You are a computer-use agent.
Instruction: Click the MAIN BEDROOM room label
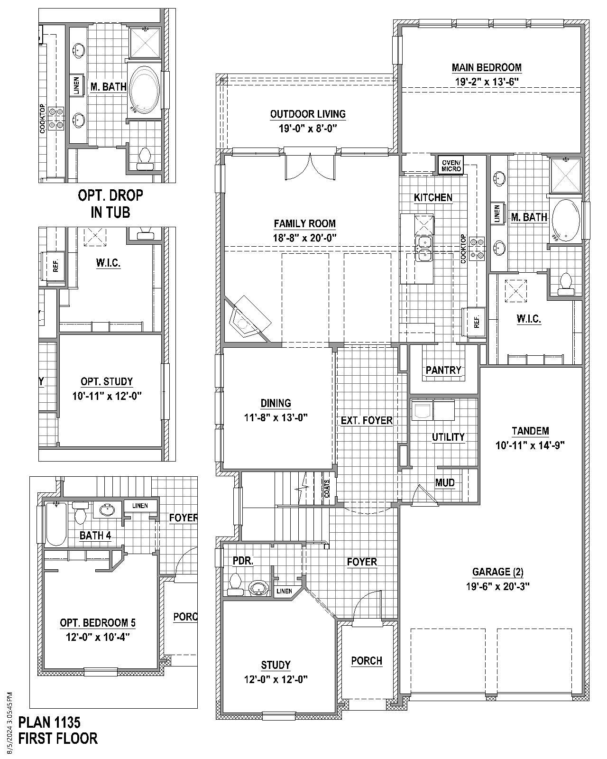point(487,67)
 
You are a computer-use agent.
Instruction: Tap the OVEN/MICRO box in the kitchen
point(451,166)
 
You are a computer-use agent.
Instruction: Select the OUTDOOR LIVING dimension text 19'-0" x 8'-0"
point(308,128)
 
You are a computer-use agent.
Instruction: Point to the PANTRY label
point(443,370)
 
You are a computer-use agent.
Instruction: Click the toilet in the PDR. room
point(235,584)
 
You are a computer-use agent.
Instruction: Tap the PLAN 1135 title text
point(49,722)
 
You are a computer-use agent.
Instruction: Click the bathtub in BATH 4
point(55,524)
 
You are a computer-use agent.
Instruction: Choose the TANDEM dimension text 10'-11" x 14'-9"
point(530,445)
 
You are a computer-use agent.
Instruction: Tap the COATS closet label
point(328,487)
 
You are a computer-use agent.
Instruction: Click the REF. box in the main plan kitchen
point(476,322)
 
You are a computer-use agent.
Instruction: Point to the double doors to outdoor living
point(309,166)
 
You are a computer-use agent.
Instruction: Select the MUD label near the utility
point(445,482)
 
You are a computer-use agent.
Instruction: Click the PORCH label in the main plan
point(367,660)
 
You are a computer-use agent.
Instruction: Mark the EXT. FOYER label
point(367,420)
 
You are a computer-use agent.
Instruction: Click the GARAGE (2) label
point(497,572)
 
